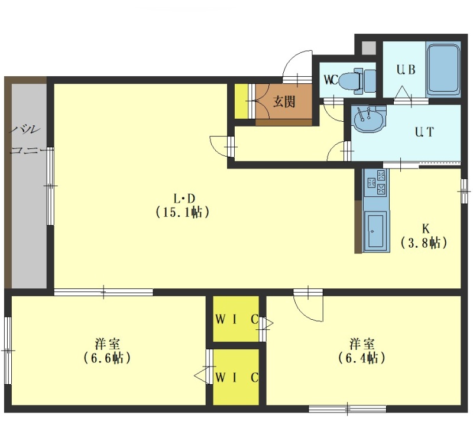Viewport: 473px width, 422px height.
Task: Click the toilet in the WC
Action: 358,80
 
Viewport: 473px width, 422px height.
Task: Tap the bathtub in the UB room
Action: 443,69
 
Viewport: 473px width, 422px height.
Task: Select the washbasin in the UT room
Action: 368,119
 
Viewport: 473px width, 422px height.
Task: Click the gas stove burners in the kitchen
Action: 376,183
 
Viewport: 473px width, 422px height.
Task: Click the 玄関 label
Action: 284,102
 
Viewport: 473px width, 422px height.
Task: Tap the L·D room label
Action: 184,199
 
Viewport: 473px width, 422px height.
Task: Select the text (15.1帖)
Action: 183,212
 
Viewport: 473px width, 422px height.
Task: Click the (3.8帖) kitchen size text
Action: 424,243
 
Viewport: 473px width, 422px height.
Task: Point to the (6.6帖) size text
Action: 107,358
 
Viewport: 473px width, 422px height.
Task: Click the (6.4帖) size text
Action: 361,358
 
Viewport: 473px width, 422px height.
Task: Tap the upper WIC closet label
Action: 237,319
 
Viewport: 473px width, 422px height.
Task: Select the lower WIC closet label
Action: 237,377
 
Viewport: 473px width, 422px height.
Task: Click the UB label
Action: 406,70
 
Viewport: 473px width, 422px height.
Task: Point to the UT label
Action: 424,132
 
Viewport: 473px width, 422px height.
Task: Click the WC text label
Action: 331,80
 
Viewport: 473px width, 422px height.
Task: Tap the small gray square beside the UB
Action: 368,48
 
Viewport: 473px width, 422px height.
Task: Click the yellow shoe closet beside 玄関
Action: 241,101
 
